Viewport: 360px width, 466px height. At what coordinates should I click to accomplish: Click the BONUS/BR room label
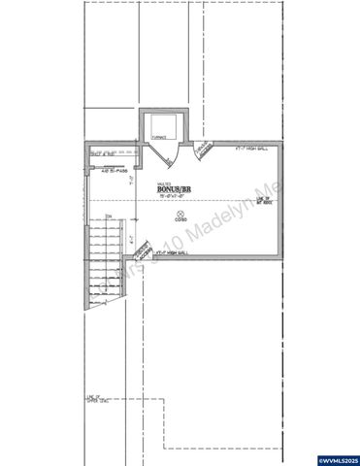point(176,187)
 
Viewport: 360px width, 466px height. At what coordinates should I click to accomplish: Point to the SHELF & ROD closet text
point(103,153)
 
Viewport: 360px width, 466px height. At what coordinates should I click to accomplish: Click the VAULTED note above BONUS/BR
point(164,181)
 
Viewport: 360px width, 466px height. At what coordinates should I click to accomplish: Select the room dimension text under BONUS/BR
point(176,195)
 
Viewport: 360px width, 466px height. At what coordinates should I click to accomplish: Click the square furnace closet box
point(160,125)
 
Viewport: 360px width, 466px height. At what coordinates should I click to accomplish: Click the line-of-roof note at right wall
point(261,201)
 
